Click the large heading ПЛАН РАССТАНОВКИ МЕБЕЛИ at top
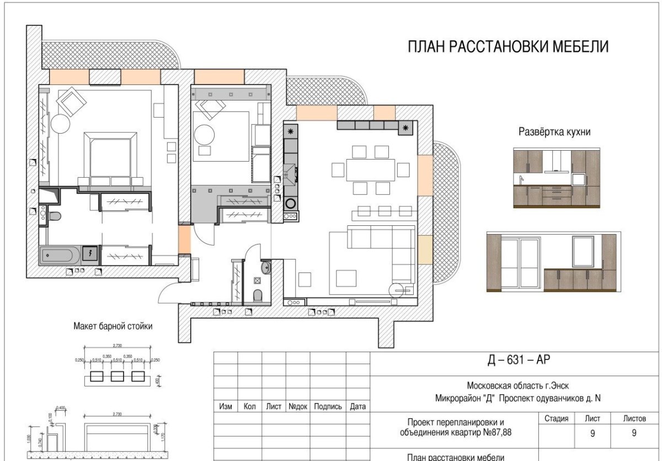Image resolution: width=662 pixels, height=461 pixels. pos(508,47)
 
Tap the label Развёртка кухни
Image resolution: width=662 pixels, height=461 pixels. pos(554,132)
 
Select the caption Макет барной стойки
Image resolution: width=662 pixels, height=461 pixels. pos(113,326)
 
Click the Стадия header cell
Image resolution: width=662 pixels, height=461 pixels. pos(556,418)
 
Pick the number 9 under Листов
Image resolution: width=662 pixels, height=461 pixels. pos(634,433)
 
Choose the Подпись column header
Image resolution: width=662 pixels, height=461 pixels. pos(328,407)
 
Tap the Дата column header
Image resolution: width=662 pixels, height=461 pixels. pos(358,407)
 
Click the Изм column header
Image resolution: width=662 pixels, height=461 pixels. pos(226,407)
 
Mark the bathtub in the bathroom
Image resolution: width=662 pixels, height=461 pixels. pos(60,255)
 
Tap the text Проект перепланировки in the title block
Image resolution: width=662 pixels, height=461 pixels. pos(455,422)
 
